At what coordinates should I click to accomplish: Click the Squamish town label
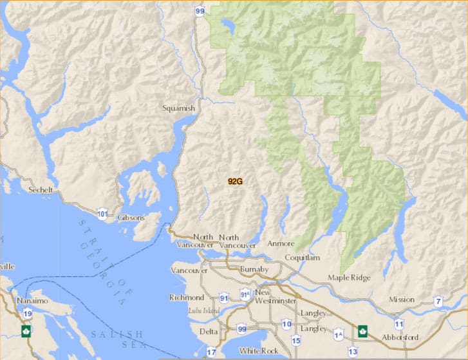pyautogui.click(x=179, y=108)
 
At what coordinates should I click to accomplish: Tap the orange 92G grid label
pyautogui.click(x=235, y=182)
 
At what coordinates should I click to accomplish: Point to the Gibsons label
pyautogui.click(x=131, y=218)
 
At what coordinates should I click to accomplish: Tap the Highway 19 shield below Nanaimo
pyautogui.click(x=28, y=314)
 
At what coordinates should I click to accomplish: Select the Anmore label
pyautogui.click(x=281, y=244)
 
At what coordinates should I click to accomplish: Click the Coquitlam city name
pyautogui.click(x=303, y=258)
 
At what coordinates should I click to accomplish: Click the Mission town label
pyautogui.click(x=402, y=300)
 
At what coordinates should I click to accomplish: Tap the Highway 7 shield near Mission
pyautogui.click(x=438, y=301)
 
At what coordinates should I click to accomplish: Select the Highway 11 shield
pyautogui.click(x=399, y=324)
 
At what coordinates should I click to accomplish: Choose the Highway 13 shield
pyautogui.click(x=352, y=351)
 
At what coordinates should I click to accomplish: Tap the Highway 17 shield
pyautogui.click(x=211, y=352)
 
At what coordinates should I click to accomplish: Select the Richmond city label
pyautogui.click(x=187, y=298)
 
